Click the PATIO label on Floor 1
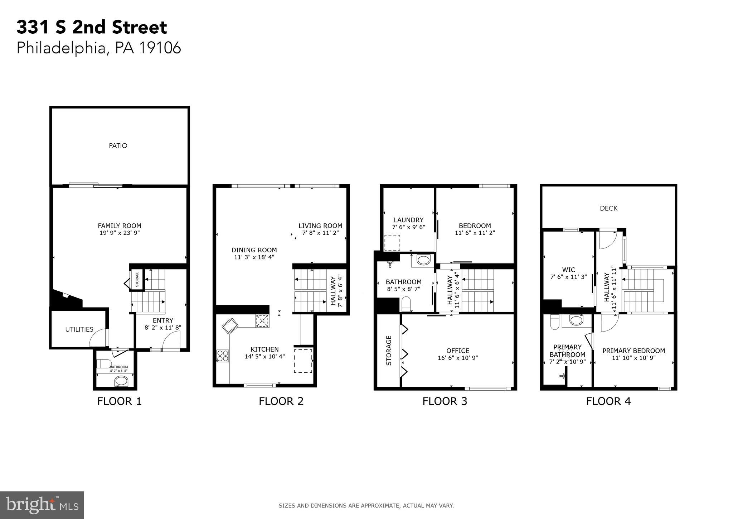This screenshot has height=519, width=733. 118,146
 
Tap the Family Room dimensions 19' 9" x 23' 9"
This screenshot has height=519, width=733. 120,233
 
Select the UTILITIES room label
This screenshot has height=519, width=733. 79,329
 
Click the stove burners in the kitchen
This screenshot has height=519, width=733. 223,356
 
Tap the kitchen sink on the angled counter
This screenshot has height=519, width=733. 229,326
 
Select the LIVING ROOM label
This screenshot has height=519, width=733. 320,226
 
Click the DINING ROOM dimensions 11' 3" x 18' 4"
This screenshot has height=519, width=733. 254,257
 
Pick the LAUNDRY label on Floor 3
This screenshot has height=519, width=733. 408,220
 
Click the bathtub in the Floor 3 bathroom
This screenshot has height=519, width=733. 423,260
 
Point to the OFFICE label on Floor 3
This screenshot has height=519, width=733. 458,351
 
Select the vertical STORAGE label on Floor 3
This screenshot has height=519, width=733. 389,351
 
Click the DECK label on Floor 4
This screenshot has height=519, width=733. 608,208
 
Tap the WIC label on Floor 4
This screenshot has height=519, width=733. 568,270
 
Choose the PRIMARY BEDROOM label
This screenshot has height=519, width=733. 634,351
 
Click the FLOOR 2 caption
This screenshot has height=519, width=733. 281,401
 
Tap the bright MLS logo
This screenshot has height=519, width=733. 42,505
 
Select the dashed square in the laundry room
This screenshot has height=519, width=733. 392,243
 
